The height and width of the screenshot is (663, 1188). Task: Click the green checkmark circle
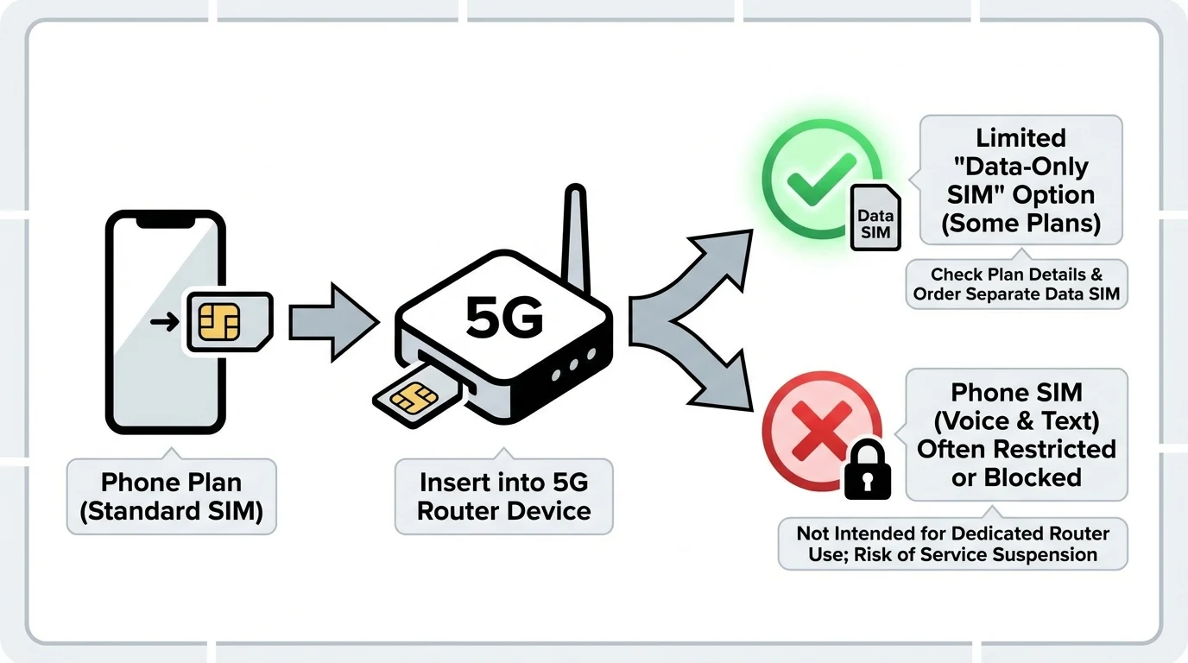821,180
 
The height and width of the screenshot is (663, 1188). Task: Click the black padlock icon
867,470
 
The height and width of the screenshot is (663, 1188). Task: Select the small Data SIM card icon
875,218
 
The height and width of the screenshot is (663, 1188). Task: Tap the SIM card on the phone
226,322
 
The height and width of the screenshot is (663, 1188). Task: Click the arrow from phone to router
332,321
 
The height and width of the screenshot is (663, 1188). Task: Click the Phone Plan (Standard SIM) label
171,496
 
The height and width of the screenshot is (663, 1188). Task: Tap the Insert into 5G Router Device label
504,496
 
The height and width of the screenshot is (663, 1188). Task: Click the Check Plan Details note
1016,284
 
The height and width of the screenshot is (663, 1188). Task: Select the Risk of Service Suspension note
953,544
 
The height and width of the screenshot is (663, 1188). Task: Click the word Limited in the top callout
1021,138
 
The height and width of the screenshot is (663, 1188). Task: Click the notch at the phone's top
165,221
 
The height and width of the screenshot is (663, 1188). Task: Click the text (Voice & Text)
1016,420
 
